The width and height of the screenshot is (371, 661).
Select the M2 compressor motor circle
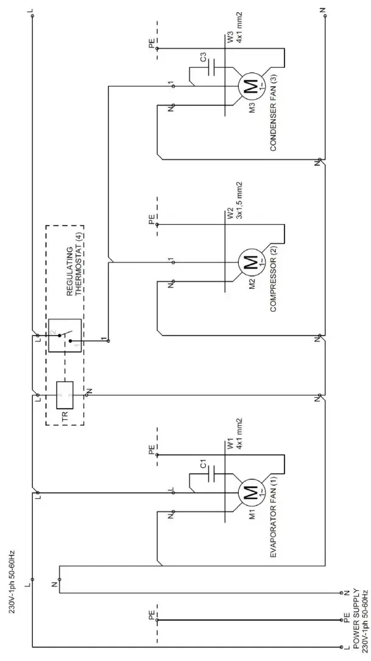(250, 263)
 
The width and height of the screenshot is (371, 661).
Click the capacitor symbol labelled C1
(211, 472)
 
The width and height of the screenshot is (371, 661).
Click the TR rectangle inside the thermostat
(65, 395)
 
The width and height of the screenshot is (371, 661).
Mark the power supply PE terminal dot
(341, 621)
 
